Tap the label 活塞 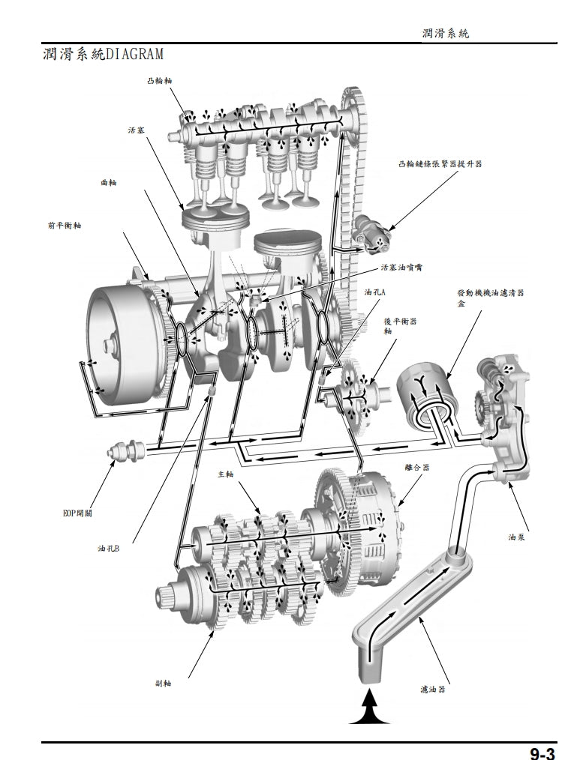point(137,130)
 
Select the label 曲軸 point(109,183)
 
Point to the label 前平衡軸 point(64,224)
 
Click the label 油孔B point(109,549)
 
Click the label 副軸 point(163,683)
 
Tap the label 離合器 point(417,467)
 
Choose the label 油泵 point(515,537)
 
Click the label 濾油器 point(433,689)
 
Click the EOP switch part point(123,453)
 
